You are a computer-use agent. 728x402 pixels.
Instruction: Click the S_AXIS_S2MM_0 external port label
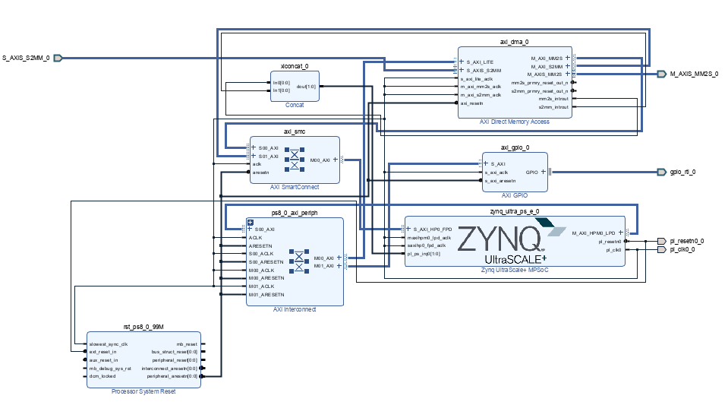tap(26, 58)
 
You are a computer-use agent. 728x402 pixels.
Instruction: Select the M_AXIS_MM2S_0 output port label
tap(693, 74)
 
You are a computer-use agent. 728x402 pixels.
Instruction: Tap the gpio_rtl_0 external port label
tap(682, 172)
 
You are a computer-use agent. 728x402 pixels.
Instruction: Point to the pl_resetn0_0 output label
tap(686, 241)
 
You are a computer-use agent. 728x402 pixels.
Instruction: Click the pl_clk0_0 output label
tap(683, 250)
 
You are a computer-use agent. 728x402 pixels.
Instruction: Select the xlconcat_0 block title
tap(294, 66)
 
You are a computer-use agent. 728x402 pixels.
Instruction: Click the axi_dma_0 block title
tap(515, 42)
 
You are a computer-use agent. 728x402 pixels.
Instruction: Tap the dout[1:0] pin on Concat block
tap(307, 87)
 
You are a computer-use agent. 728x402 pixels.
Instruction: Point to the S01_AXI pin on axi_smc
tap(268, 156)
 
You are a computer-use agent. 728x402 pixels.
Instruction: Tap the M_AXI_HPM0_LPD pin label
tap(594, 233)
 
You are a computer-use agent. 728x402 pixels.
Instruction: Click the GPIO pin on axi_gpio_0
tap(531, 172)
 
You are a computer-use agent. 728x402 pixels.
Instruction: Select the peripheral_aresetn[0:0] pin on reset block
tap(173, 375)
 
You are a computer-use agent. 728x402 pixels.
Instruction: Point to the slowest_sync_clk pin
tap(109, 344)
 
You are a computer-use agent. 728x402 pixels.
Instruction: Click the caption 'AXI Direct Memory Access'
tap(515, 122)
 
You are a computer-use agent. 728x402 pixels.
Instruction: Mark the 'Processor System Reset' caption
tap(143, 391)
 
